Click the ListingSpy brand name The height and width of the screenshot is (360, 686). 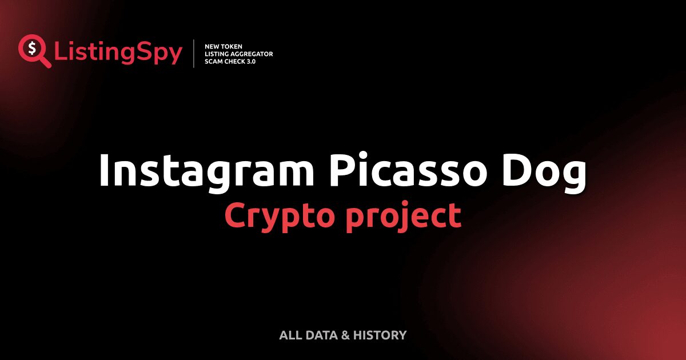click(x=118, y=53)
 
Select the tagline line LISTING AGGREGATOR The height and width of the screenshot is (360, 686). click(x=238, y=54)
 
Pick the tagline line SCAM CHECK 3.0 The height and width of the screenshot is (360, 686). click(x=230, y=61)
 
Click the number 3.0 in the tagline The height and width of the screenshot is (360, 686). click(x=250, y=61)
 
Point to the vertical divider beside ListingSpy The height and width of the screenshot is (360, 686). click(x=194, y=53)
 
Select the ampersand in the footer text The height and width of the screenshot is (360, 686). click(x=345, y=335)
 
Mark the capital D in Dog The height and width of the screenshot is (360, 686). click(x=519, y=169)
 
